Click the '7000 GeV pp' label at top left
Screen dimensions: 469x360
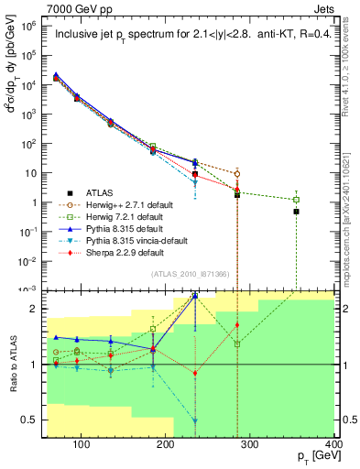pos(76,7)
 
